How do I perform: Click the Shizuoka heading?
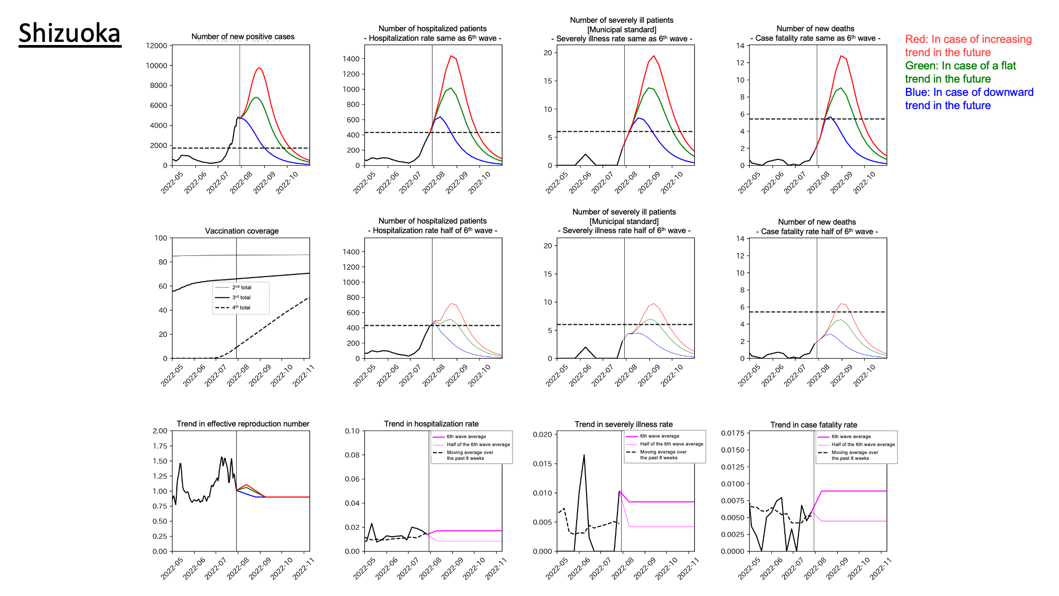coord(69,33)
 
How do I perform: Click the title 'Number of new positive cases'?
coord(243,37)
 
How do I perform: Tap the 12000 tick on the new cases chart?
coord(157,46)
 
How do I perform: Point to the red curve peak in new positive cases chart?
coord(259,68)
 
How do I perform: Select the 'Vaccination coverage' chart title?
coord(241,231)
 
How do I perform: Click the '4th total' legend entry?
coord(241,307)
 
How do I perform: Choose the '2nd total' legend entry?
coord(241,287)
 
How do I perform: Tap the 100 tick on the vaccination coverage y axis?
coord(160,238)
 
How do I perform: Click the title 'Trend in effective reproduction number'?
coord(243,424)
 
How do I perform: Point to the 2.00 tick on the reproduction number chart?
coord(160,431)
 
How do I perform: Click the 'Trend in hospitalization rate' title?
coord(431,424)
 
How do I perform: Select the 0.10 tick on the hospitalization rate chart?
coord(352,431)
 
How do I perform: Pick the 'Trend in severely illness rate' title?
coord(623,424)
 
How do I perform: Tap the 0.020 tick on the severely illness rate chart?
coord(542,434)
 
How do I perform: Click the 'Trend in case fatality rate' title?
coord(813,425)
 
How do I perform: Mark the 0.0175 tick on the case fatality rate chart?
coord(732,433)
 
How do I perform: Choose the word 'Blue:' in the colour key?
coord(917,92)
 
